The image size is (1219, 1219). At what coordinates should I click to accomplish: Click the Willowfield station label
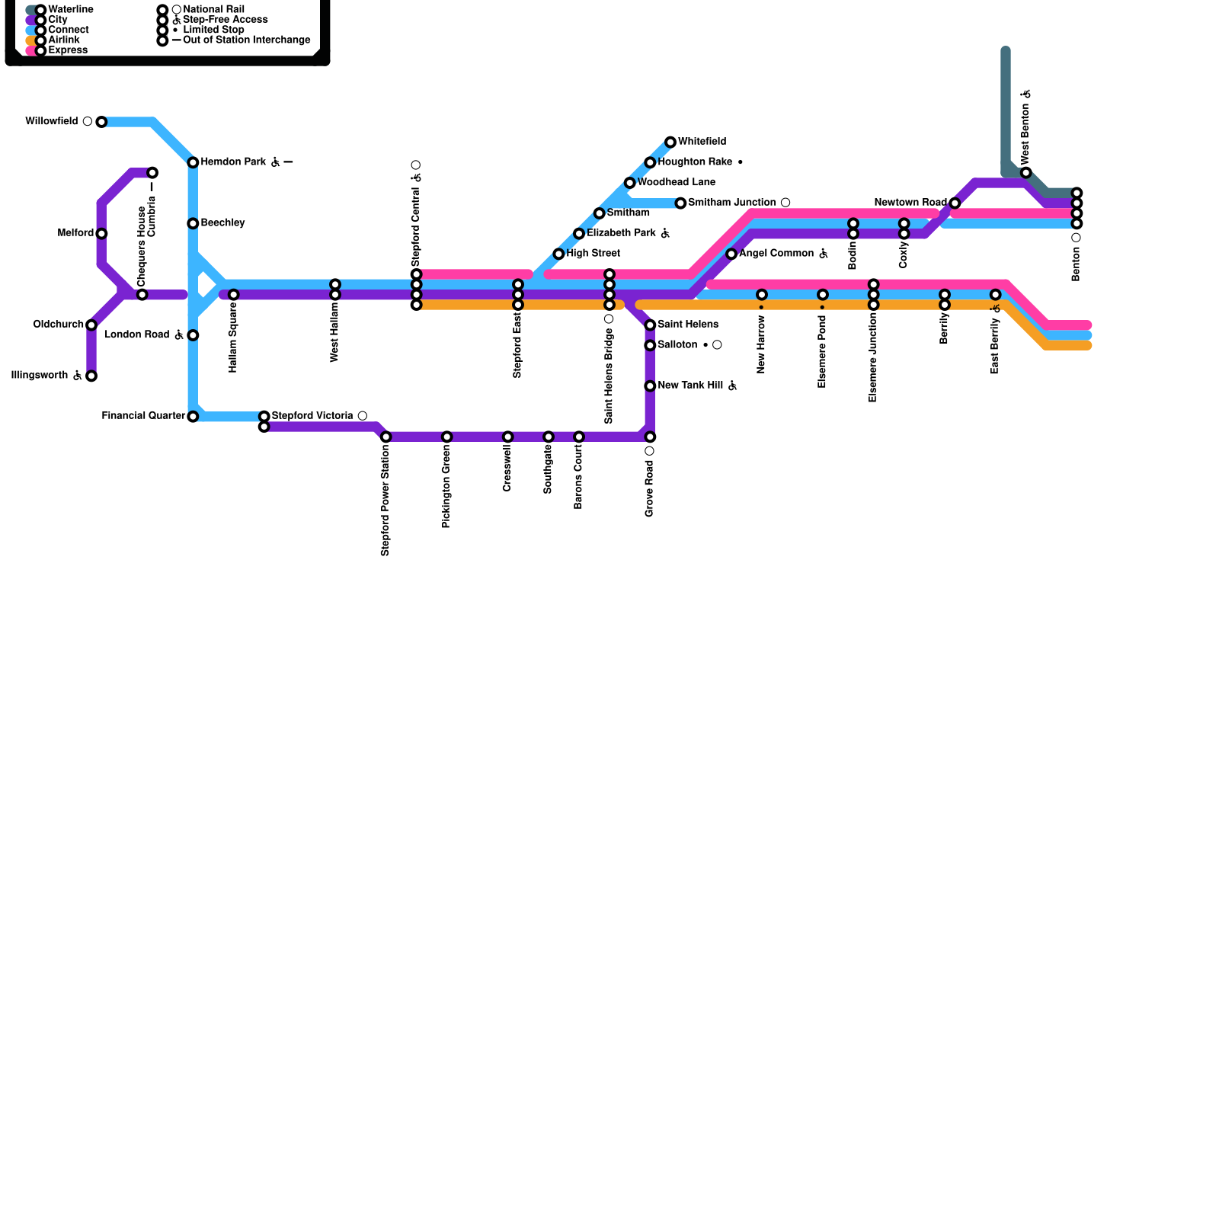pos(51,122)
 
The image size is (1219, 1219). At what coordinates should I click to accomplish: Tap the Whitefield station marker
pos(670,142)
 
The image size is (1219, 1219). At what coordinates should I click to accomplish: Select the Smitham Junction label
pos(731,203)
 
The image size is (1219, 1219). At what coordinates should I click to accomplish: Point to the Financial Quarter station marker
pos(193,417)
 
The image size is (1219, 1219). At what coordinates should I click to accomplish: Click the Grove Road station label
pos(649,488)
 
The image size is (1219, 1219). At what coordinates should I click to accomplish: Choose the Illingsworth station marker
pos(91,376)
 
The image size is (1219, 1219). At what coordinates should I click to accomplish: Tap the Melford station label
pos(75,233)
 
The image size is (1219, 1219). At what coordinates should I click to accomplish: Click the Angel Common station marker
pos(731,254)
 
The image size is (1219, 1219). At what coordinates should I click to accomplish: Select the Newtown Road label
pos(910,203)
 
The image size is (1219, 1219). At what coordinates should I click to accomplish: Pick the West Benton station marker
pos(1026,173)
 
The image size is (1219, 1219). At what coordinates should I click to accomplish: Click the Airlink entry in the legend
pos(64,40)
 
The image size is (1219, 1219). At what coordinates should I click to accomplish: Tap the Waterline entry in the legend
pos(70,10)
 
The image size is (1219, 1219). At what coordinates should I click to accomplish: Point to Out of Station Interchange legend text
pos(247,40)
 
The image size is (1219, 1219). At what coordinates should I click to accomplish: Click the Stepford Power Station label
pos(386,501)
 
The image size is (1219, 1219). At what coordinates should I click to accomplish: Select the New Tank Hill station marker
pos(650,386)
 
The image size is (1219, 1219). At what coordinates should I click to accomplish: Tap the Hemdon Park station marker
pos(193,163)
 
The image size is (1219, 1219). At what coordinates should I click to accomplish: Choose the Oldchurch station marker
pos(91,325)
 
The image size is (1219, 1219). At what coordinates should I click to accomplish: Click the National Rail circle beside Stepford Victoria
pos(363,416)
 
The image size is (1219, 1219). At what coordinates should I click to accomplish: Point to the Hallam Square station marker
pos(234,295)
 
